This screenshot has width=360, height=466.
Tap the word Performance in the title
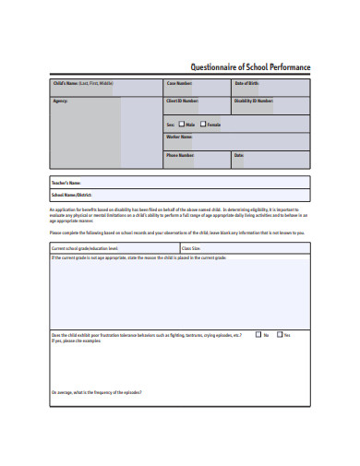(290, 67)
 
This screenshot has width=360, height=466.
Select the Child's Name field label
(82, 83)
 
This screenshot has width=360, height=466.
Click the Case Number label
(179, 83)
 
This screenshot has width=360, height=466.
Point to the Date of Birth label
(247, 83)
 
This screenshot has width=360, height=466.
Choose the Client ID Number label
(182, 100)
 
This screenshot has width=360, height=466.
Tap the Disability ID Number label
(254, 100)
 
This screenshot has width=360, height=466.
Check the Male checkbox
(180, 124)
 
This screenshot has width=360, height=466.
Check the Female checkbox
(202, 124)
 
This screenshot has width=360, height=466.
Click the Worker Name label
(179, 137)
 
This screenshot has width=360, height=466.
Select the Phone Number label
(180, 155)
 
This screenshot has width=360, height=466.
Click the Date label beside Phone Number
(239, 155)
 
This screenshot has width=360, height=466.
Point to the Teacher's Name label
(67, 183)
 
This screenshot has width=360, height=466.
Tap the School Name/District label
(73, 195)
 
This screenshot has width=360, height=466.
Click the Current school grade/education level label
(85, 248)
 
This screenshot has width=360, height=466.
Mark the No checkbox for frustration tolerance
(258, 335)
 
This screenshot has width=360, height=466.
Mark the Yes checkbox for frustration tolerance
(278, 335)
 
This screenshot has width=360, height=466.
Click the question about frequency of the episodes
(97, 393)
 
